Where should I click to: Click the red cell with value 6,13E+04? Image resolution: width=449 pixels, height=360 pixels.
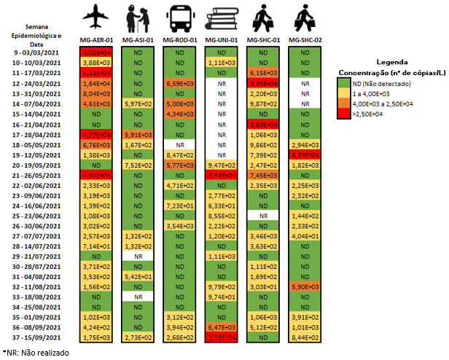[x=96, y=73]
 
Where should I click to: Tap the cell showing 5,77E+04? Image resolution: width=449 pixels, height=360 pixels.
[x=305, y=154]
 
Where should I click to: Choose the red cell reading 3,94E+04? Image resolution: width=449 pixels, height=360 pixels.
[x=222, y=175]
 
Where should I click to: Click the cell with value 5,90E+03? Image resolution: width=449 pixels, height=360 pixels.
[x=305, y=288]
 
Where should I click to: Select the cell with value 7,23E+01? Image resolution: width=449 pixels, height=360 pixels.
[x=179, y=206]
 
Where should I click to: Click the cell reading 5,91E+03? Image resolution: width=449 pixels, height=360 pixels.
[x=138, y=134]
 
